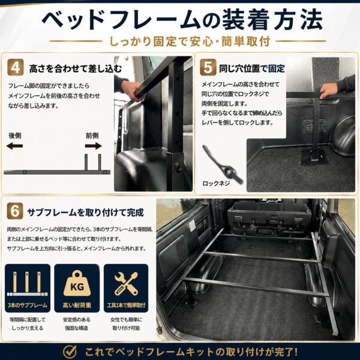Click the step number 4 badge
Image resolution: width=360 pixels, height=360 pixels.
pyautogui.click(x=16, y=67)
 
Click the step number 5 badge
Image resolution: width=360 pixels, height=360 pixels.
pyautogui.click(x=208, y=67)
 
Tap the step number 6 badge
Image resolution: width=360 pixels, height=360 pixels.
pyautogui.click(x=15, y=211)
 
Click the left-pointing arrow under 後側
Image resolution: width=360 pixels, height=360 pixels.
pyautogui.click(x=14, y=146)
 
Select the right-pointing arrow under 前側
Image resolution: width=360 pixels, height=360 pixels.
pyautogui.click(x=93, y=146)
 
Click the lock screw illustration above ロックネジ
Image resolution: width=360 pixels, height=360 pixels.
pyautogui.click(x=222, y=164)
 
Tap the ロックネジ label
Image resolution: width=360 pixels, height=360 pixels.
pyautogui.click(x=216, y=183)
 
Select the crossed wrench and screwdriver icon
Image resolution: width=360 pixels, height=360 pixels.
pyautogui.click(x=126, y=284)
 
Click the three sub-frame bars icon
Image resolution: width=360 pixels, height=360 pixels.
pyautogui.click(x=28, y=284)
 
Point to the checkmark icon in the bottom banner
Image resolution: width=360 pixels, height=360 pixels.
pyautogui.click(x=70, y=352)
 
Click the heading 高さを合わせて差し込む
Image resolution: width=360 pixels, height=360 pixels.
pyautogui.click(x=76, y=68)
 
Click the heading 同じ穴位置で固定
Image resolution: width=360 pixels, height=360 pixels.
pyautogui.click(x=252, y=68)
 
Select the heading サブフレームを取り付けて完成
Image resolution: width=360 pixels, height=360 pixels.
pyautogui.click(x=85, y=212)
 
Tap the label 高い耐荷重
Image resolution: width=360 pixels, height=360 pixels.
pyautogui.click(x=77, y=305)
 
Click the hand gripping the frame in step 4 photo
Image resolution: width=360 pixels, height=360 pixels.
pyautogui.click(x=131, y=90)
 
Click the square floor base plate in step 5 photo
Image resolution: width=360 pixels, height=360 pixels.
pyautogui.click(x=314, y=157)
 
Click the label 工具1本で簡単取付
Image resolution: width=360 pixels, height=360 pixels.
pyautogui.click(x=126, y=305)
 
